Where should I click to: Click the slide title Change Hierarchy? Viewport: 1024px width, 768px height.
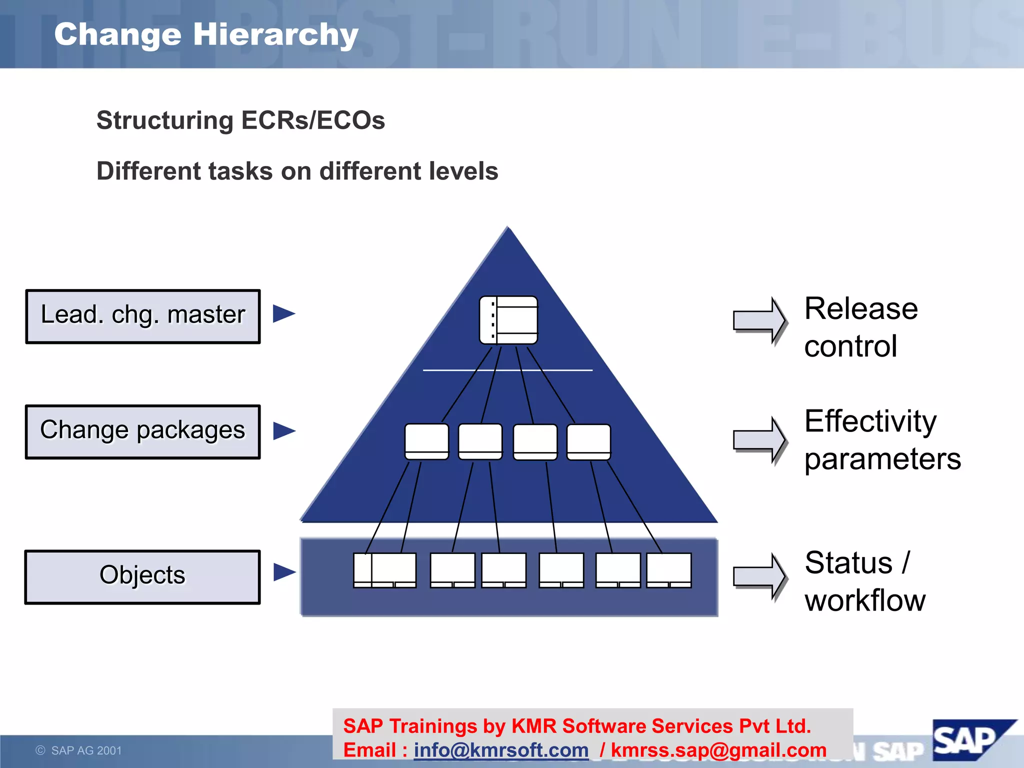point(206,34)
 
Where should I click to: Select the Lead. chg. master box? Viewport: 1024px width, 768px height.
point(143,316)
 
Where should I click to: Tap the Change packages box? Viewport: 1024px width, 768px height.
point(143,431)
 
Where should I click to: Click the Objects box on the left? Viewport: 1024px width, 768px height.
point(143,576)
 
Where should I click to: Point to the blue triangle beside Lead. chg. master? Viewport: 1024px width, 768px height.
point(283,314)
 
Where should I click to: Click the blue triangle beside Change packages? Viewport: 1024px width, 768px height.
point(283,431)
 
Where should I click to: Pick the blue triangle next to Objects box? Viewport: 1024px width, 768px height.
point(283,572)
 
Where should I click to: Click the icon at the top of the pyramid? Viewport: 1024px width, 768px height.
point(508,320)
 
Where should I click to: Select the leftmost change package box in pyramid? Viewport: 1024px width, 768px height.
point(426,441)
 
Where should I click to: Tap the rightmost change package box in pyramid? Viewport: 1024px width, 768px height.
point(588,441)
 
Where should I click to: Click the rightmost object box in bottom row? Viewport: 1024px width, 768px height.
point(669,570)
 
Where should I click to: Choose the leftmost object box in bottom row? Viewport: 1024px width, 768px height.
point(385,570)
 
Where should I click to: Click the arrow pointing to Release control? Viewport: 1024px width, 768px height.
point(759,320)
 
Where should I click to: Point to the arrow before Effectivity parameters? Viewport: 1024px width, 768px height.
point(759,439)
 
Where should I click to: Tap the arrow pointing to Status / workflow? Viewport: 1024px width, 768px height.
point(759,576)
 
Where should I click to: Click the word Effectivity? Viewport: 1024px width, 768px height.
point(870,421)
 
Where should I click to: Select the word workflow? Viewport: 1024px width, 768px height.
point(865,600)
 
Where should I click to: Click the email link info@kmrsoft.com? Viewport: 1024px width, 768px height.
point(501,750)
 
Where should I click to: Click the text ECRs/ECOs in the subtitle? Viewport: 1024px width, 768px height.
point(313,120)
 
